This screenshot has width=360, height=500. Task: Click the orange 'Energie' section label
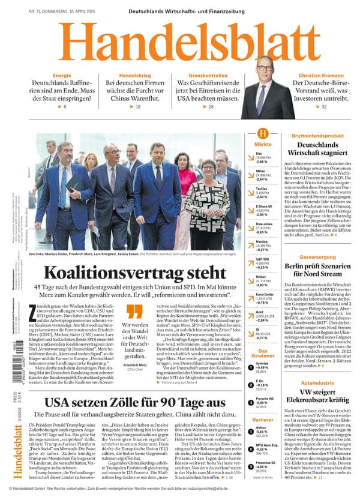[62, 75]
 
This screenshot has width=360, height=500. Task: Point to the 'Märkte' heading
[262, 145]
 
